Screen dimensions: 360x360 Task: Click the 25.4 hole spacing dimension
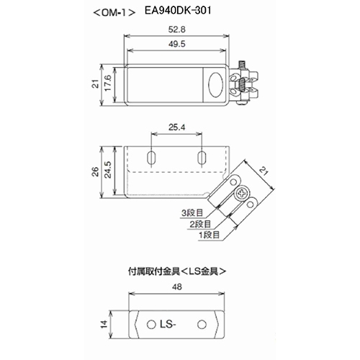176,127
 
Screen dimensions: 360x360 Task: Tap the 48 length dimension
177,287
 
